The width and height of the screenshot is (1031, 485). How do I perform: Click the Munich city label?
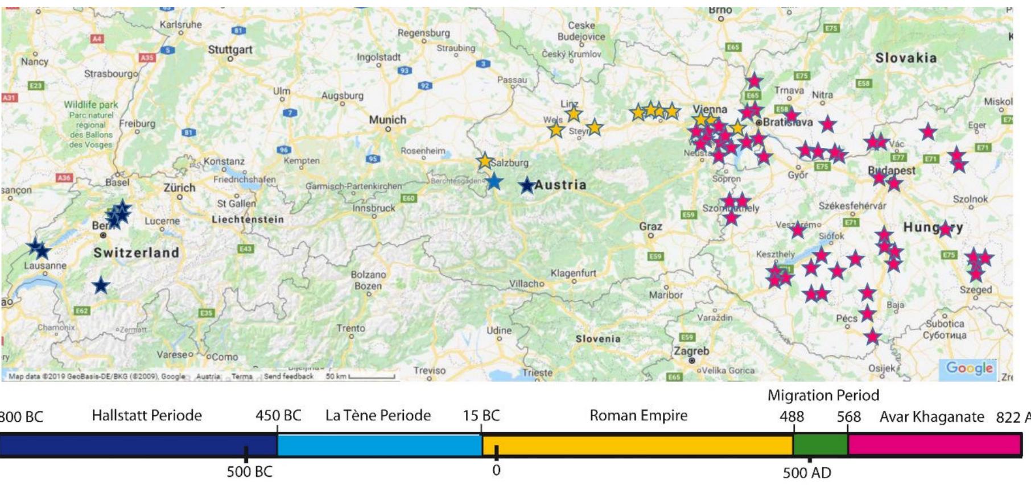tap(387, 120)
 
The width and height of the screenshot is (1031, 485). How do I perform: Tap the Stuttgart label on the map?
tap(230, 49)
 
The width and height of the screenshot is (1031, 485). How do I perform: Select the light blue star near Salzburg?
tap(494, 182)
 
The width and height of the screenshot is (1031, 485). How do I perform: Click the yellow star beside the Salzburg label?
tap(485, 161)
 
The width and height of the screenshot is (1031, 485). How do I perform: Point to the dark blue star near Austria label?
tap(527, 185)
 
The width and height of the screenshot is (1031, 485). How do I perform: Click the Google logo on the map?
tap(970, 368)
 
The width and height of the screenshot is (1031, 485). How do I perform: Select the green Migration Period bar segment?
tap(820, 445)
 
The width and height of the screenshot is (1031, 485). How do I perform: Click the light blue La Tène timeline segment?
tap(380, 445)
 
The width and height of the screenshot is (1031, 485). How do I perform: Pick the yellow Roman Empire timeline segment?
tap(637, 445)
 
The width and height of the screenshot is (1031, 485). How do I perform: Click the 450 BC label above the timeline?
tap(278, 416)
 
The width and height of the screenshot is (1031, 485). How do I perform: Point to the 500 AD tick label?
tap(807, 472)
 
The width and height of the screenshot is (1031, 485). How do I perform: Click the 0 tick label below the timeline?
tap(496, 471)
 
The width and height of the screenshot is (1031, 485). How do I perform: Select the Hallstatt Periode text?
tap(147, 416)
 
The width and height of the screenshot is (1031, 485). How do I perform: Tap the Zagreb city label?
tap(691, 351)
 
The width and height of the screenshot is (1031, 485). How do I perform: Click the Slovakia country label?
tap(905, 58)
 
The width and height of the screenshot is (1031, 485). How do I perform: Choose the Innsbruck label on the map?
tap(373, 208)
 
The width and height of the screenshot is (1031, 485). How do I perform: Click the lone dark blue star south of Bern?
tap(101, 285)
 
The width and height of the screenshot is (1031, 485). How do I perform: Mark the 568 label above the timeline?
tap(848, 417)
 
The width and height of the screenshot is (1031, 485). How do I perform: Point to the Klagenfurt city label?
tap(573, 273)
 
